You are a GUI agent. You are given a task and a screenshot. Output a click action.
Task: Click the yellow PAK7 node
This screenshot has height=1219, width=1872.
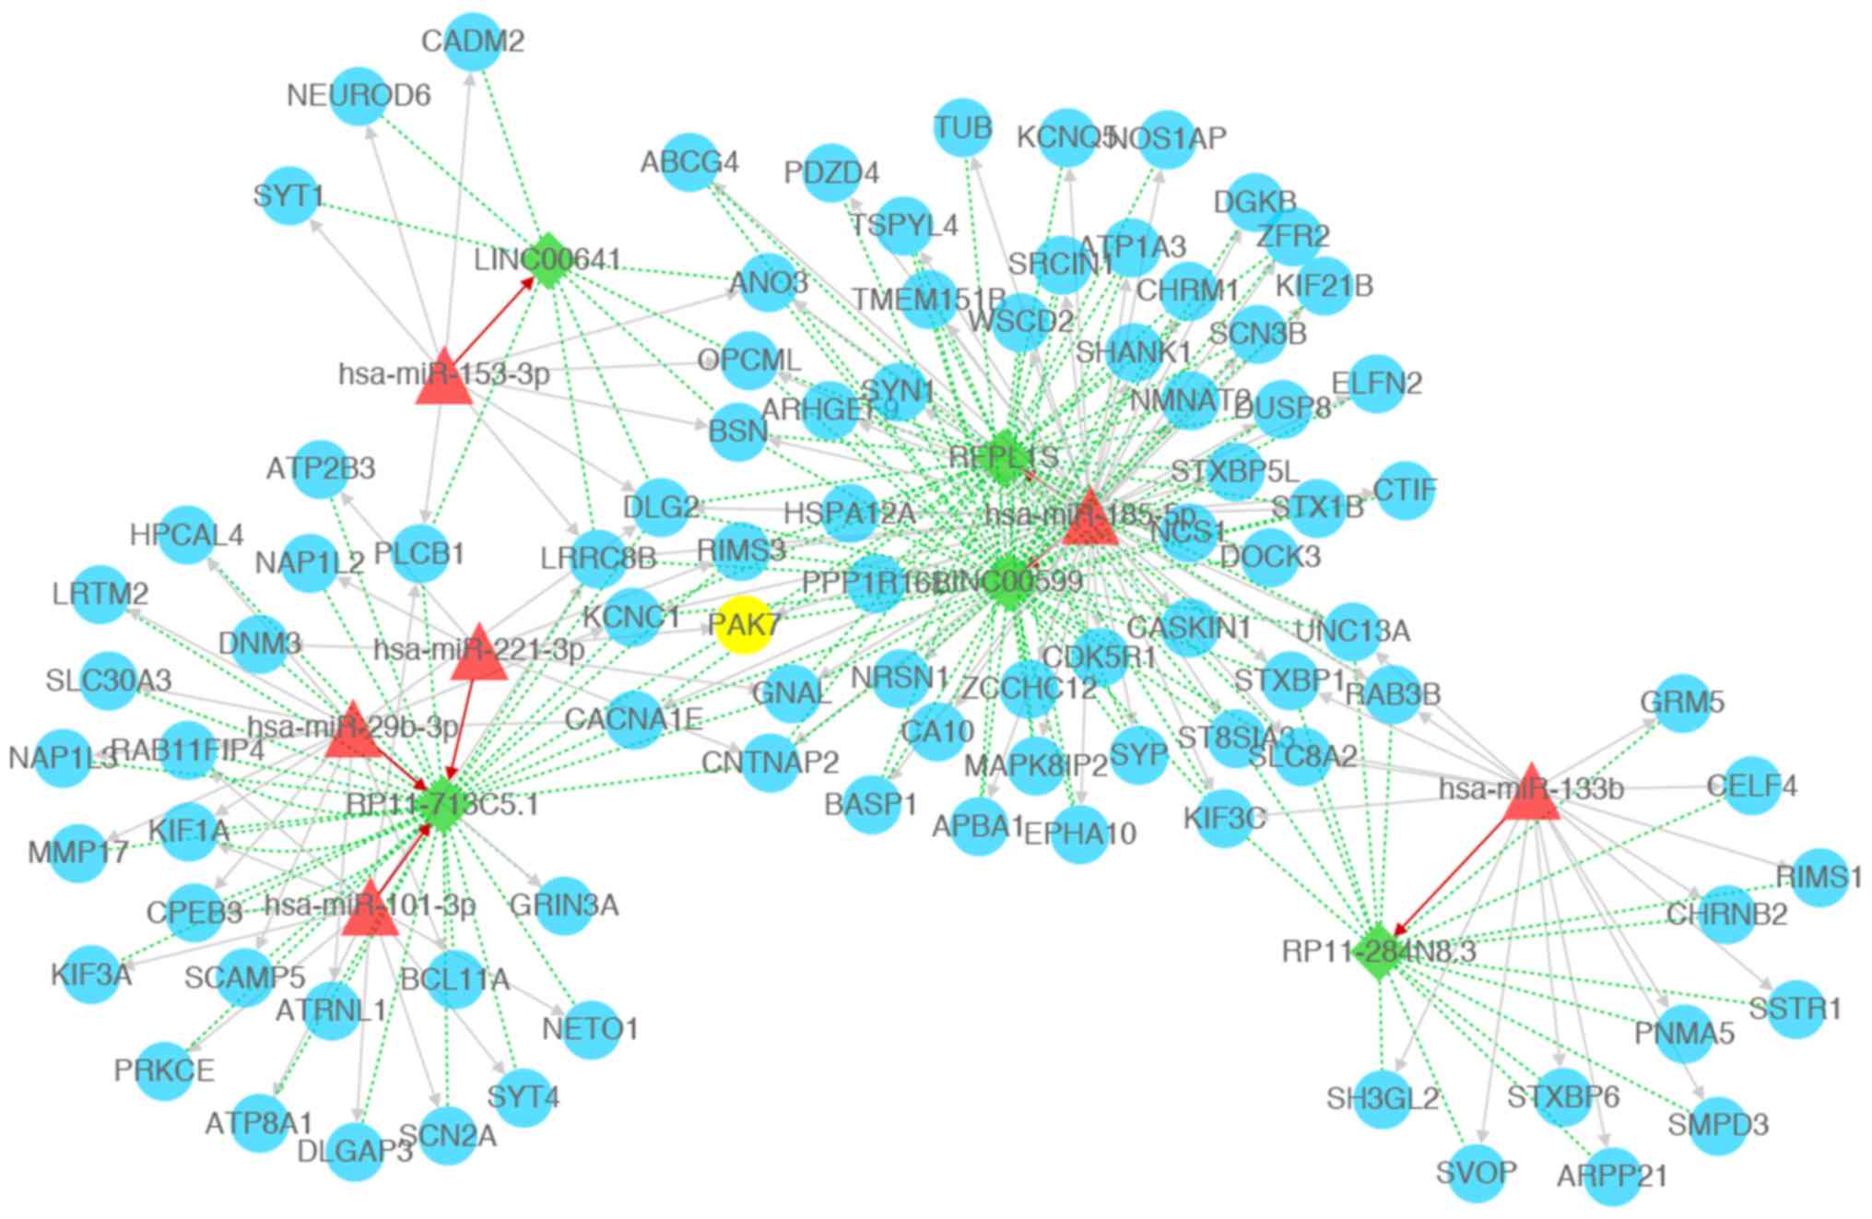pos(743,624)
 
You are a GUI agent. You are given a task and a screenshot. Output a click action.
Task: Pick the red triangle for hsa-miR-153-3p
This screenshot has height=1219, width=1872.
pos(443,378)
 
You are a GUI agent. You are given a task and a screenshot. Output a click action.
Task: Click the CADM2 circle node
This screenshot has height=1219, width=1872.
pos(473,41)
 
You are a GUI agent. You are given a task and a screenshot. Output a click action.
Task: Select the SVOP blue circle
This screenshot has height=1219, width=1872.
pos(1477,1174)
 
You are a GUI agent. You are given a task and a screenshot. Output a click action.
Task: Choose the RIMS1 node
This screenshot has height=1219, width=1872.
pos(1819,877)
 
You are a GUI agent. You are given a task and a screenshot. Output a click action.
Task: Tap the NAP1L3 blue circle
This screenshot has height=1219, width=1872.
pos(63,759)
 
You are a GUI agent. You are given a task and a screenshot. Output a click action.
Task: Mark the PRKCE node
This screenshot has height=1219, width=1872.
pos(164,1071)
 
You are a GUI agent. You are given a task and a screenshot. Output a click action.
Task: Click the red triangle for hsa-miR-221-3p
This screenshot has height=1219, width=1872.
pos(478,654)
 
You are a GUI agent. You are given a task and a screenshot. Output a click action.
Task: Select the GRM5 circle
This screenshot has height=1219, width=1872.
pos(1682,703)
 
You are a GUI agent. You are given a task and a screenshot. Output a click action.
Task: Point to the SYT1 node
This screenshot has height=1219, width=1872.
pos(289,195)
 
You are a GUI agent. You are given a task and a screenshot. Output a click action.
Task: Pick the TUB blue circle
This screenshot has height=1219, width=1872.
pos(963,127)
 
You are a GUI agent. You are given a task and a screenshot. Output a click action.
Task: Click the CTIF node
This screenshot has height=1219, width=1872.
pos(1405,490)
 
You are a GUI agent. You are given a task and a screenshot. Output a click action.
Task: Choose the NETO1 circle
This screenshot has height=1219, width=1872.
pos(590,1029)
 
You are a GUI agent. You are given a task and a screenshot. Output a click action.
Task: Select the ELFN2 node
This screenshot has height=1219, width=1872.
pos(1376,383)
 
